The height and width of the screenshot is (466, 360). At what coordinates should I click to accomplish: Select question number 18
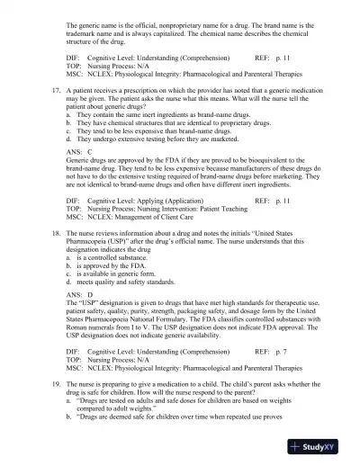(x=56, y=232)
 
